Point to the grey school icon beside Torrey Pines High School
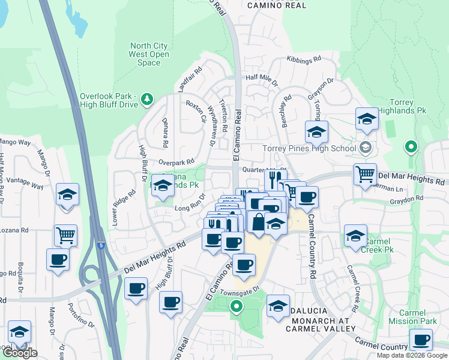[x=364, y=148]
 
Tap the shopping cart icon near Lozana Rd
[x=65, y=235]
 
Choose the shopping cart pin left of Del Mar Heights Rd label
[x=364, y=175]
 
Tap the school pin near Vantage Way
[x=68, y=194]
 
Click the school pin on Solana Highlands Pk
[x=162, y=185]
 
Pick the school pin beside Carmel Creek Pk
[x=355, y=236]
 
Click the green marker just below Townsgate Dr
[x=237, y=307]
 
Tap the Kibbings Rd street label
[x=304, y=61]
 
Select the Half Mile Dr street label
[x=262, y=78]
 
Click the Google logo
[x=19, y=353]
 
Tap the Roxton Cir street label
[x=196, y=111]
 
